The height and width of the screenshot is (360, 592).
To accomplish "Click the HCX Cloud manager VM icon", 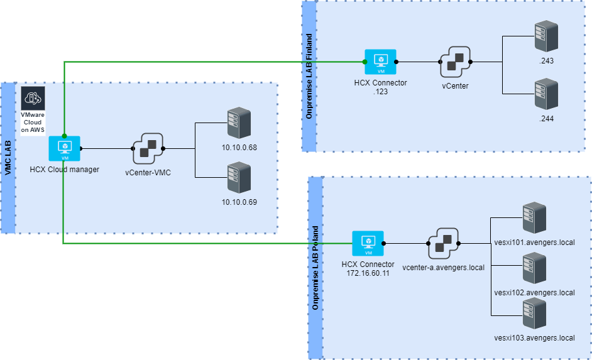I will click(65, 148).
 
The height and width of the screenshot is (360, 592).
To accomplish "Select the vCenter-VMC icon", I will click(148, 149).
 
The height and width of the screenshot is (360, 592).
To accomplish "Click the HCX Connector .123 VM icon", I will click(381, 62).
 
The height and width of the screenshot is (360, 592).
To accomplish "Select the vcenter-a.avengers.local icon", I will click(444, 243).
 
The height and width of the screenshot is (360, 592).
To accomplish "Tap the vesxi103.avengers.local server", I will click(534, 315).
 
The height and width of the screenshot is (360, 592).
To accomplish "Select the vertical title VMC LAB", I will click(8, 157).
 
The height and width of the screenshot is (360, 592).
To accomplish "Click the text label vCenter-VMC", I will click(148, 172).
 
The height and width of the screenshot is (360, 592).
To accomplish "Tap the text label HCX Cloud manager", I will click(64, 169).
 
